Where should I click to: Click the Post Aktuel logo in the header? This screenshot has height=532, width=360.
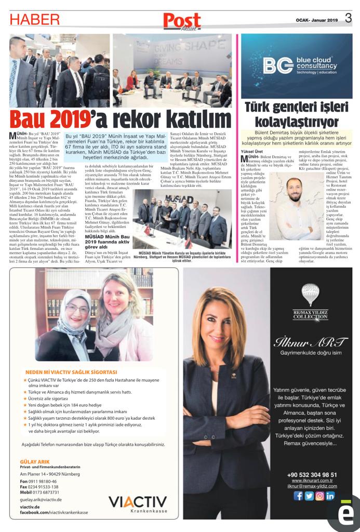click(182, 21)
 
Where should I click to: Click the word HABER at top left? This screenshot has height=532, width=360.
click(35, 19)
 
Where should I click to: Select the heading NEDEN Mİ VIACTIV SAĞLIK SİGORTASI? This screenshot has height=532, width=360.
click(72, 372)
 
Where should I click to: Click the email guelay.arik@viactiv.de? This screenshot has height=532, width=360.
click(41, 499)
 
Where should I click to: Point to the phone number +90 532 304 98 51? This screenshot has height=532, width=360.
click(312, 474)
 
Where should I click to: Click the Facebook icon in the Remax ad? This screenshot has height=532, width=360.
click(298, 496)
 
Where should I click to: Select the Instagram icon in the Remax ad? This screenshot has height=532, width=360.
click(319, 496)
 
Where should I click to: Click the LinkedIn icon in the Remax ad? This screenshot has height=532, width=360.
click(330, 496)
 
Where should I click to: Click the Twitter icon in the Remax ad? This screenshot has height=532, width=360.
click(309, 496)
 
